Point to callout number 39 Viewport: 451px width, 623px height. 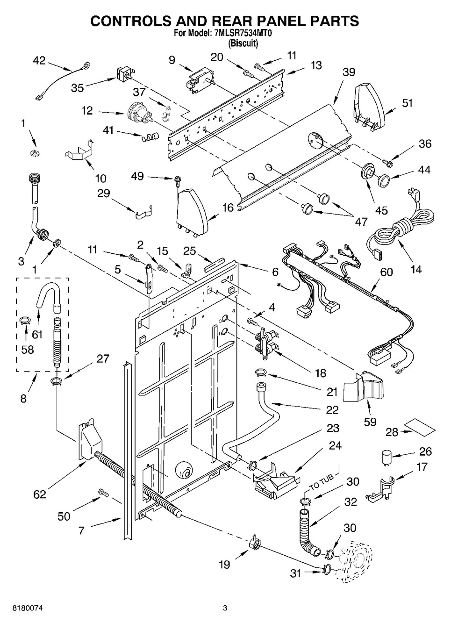[x=348, y=72]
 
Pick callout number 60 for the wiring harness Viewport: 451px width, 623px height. [x=387, y=272]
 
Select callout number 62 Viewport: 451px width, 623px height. [x=40, y=494]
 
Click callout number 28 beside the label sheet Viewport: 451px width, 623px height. [x=392, y=432]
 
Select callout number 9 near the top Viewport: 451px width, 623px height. [x=172, y=60]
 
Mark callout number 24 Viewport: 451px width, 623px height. [x=335, y=445]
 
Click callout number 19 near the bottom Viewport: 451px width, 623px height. [x=224, y=564]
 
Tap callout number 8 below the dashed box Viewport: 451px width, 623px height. [x=23, y=398]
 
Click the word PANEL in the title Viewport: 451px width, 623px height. [x=269, y=21]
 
